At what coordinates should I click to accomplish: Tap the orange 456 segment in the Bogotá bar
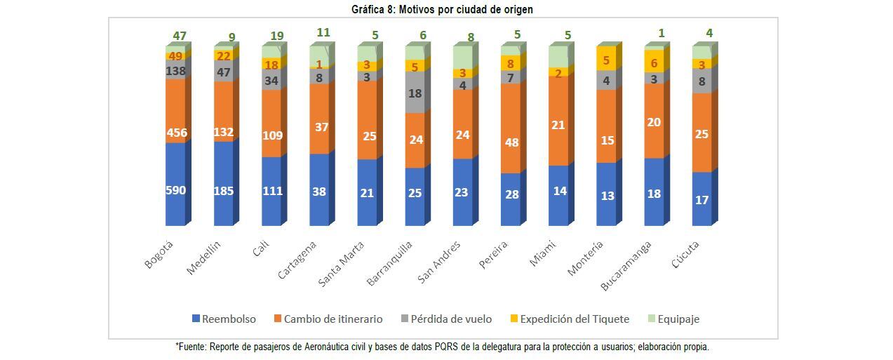coord(175,132)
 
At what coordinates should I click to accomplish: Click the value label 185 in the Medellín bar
coord(223,189)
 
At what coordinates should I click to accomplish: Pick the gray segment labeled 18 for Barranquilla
coord(415,93)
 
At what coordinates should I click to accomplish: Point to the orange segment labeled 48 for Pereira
coord(511,142)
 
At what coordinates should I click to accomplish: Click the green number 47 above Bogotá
coord(180,36)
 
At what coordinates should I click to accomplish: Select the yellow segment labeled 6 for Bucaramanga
coord(654,62)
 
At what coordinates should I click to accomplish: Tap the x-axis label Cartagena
coord(298,260)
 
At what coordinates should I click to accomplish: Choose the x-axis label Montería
coord(586,258)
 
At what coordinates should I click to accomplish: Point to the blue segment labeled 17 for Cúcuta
coord(701,200)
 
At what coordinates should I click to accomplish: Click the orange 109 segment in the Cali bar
coord(271,135)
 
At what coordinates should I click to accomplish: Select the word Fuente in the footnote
coord(193,347)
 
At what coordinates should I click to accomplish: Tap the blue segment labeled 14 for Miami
coord(558,191)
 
